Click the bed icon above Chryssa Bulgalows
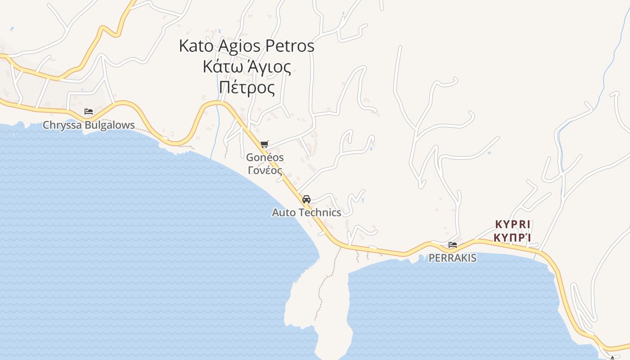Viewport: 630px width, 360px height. coord(89,111)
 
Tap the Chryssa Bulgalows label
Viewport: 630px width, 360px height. coord(89,125)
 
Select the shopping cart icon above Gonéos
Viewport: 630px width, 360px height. coord(264,144)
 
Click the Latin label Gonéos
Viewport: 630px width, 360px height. coord(265,157)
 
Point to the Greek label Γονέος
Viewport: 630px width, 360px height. coord(265,171)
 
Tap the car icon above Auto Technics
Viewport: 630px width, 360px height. coord(306,199)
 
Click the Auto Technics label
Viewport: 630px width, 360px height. coord(306,212)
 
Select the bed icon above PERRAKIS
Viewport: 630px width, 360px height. coord(453,245)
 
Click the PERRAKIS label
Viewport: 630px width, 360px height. coord(452,258)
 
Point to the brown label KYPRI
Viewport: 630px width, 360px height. coord(513,224)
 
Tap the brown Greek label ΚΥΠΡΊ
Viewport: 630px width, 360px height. coord(513,237)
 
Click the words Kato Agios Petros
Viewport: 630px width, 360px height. coord(247,46)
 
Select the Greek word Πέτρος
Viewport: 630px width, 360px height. coord(247,88)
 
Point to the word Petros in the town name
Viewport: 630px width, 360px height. coord(290,46)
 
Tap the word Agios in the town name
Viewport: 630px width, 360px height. coord(239,46)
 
